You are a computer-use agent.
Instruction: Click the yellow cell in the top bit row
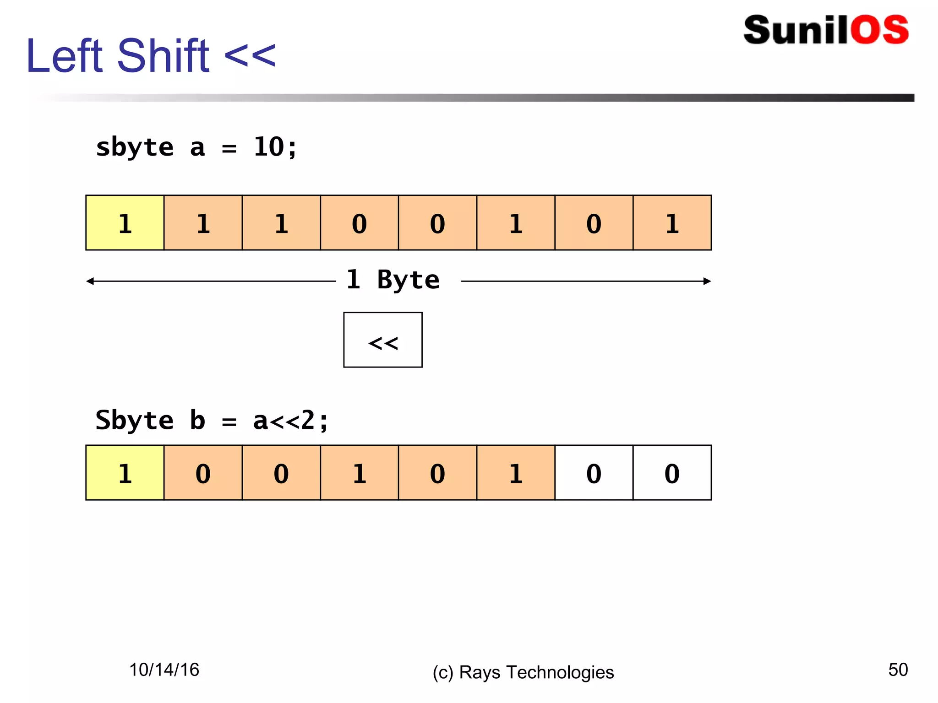point(125,223)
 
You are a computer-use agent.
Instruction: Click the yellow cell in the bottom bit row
point(125,473)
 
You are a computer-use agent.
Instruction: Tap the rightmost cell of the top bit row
point(672,223)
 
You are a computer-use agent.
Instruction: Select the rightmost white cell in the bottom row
point(672,473)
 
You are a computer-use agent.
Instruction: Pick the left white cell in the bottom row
point(594,473)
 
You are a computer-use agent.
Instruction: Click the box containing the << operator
point(383,340)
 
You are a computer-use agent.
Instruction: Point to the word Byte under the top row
point(408,280)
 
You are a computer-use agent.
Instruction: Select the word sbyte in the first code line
point(135,148)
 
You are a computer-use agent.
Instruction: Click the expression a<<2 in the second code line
point(284,421)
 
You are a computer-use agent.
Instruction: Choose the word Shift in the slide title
point(164,56)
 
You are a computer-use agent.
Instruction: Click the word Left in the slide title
point(65,56)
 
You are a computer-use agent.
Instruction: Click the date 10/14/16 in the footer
point(164,670)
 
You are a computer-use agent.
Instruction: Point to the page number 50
point(898,670)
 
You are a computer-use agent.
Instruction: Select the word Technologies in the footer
point(560,672)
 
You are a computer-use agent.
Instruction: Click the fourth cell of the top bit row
point(360,223)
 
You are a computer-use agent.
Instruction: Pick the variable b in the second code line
point(197,421)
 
